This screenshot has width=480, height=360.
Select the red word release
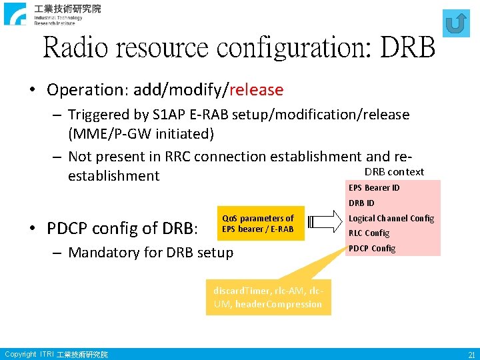coord(256,90)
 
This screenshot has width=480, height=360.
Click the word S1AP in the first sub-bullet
coord(191,115)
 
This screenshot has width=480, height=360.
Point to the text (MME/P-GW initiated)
coord(141,134)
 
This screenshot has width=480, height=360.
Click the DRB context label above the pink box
coord(394,172)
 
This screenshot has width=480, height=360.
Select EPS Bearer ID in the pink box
coord(374,187)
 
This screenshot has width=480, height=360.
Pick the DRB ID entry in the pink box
coord(361,203)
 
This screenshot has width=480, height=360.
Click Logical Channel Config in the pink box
coord(391,218)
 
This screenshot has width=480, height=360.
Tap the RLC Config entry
coord(369,233)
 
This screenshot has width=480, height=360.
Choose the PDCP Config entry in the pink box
coord(371,249)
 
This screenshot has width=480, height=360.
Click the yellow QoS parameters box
coord(257,224)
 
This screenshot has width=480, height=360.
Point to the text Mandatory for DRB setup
coord(151,252)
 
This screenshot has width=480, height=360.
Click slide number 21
coord(471,355)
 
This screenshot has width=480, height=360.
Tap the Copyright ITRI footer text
coord(55,355)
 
